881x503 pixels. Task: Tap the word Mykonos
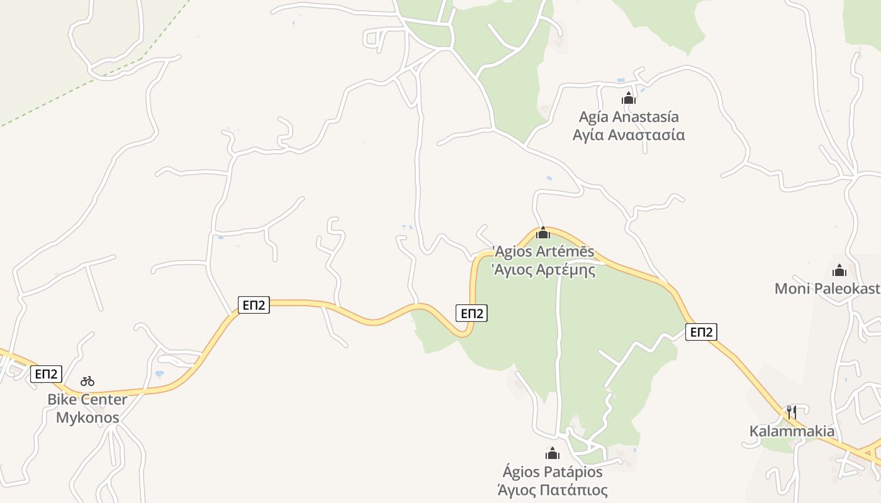click(x=87, y=417)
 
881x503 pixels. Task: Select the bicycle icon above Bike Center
click(x=87, y=380)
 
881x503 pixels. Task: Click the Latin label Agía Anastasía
click(x=629, y=117)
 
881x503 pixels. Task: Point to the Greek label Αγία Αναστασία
click(x=629, y=135)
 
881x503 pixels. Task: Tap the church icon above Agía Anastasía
click(x=629, y=98)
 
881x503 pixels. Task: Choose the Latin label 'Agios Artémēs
click(x=543, y=251)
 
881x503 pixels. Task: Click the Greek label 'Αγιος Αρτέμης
click(x=543, y=270)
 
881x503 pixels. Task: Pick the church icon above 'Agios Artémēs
click(x=542, y=233)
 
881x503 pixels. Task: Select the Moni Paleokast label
click(x=827, y=289)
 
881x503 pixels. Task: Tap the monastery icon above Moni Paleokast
click(x=839, y=270)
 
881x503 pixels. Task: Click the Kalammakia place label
click(x=792, y=431)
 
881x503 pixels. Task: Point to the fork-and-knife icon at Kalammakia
click(x=792, y=412)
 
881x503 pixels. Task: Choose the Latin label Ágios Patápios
click(x=553, y=472)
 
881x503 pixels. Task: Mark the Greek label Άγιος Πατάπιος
click(x=553, y=490)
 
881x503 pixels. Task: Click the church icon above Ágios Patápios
click(x=553, y=453)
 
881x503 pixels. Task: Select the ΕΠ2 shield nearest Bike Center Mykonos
click(x=47, y=374)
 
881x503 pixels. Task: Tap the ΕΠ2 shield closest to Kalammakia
click(x=701, y=332)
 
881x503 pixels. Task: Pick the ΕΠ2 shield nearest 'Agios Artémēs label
click(x=471, y=313)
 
